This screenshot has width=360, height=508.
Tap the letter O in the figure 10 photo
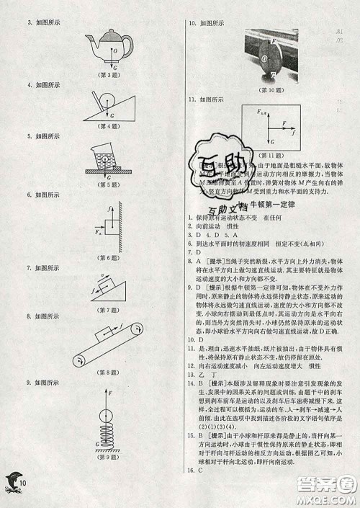pyautogui.click(x=264, y=58)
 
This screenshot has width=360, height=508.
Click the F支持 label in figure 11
pyautogui.click(x=264, y=110)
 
